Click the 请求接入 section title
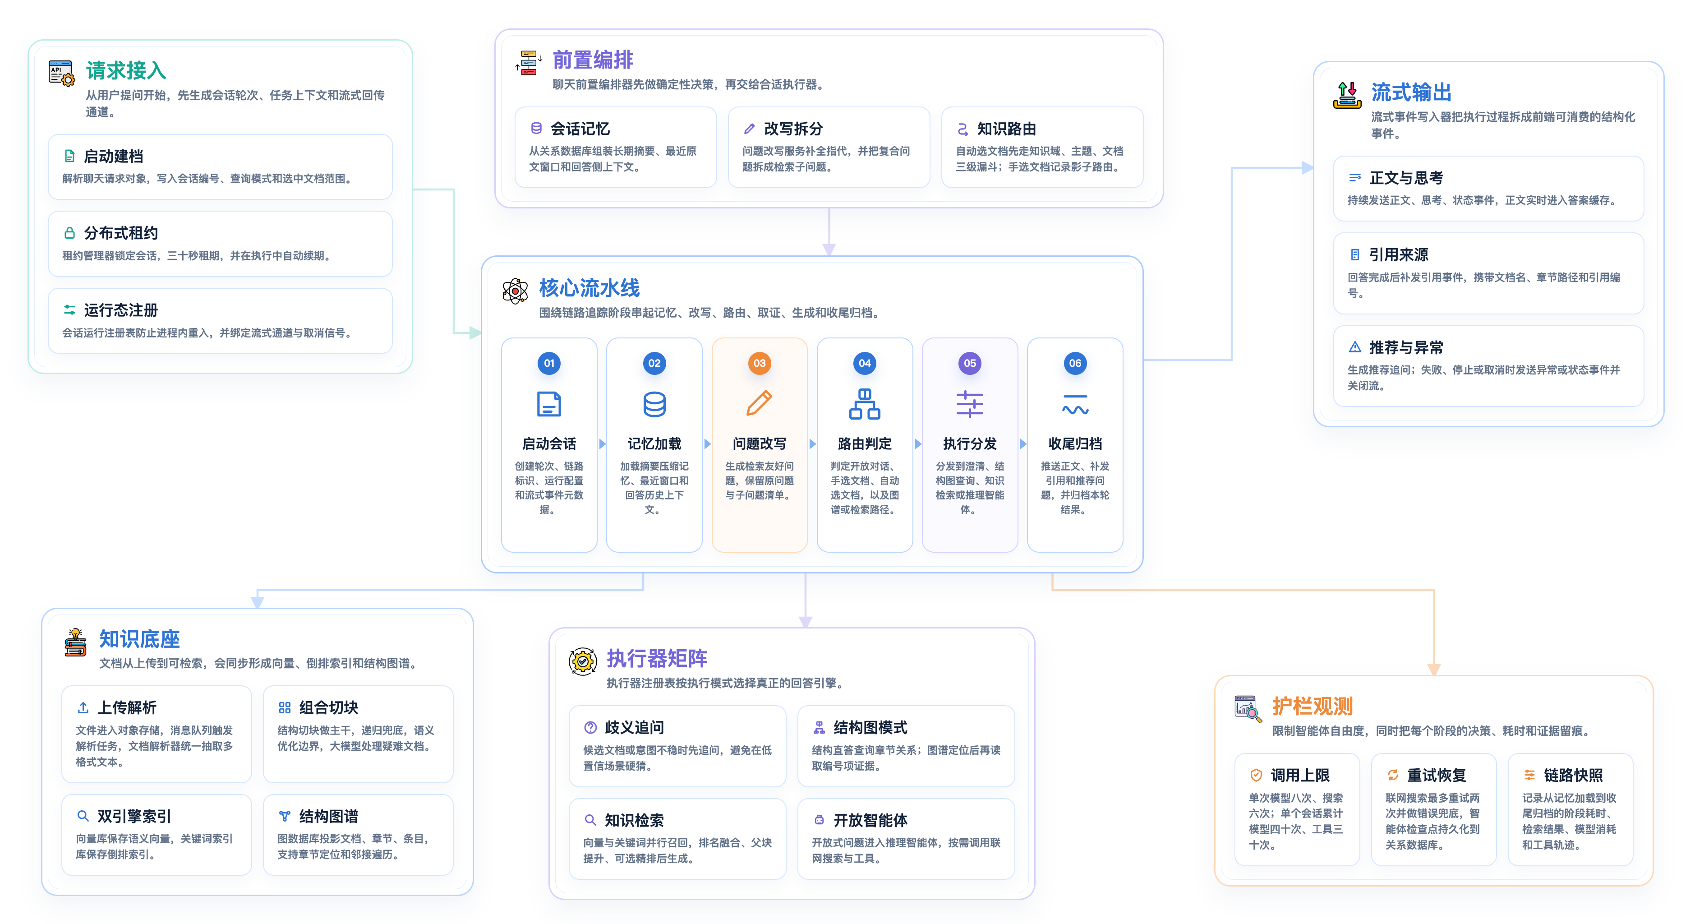point(126,71)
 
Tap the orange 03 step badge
point(760,363)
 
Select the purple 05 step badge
point(970,363)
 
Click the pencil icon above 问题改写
point(760,403)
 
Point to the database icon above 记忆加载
point(654,404)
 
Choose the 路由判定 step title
point(865,444)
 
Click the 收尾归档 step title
point(1075,444)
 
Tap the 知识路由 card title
point(1007,129)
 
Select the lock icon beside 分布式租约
point(69,233)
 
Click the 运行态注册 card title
point(121,310)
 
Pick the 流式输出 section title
point(1411,92)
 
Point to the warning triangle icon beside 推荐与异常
point(1355,347)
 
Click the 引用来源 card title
point(1398,255)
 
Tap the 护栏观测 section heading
point(1313,706)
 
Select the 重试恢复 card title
point(1437,775)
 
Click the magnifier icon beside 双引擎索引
point(83,815)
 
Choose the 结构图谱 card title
point(329,816)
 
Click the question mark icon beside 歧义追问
point(590,727)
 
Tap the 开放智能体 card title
point(870,820)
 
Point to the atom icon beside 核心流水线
point(515,291)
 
